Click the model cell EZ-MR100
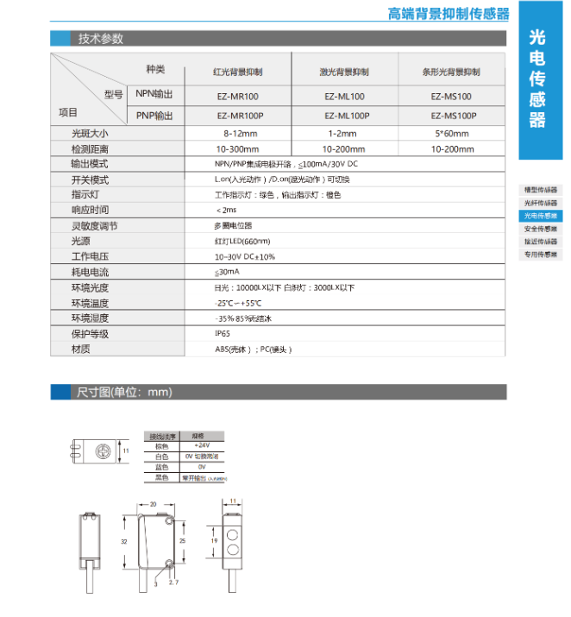coord(237,97)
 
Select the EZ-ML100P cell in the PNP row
coord(343,116)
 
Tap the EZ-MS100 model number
coord(450,97)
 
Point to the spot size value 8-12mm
coord(237,134)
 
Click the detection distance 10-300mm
coord(237,148)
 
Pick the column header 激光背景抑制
coord(343,72)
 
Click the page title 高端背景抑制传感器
coord(448,13)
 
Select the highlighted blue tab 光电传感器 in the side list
coord(541,216)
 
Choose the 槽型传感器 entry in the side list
coord(541,190)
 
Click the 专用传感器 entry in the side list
coord(541,255)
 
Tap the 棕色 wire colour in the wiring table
coord(162,446)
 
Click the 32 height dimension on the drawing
coord(124,541)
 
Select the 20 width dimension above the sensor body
coord(152,503)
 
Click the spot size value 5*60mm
coord(450,134)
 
